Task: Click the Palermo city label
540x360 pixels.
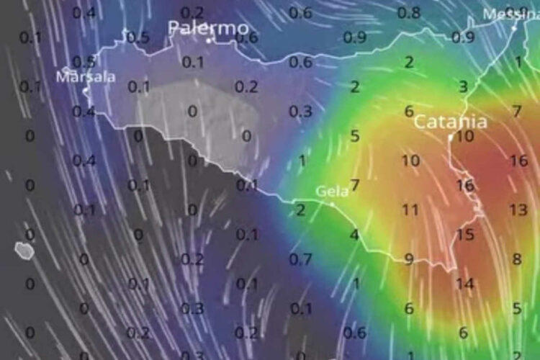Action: point(208,28)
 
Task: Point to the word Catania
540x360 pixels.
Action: point(451,122)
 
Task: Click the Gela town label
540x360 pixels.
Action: point(332,192)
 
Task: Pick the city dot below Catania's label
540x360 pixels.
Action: point(451,136)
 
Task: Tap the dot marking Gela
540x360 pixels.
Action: point(332,204)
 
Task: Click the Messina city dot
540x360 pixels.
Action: point(515,27)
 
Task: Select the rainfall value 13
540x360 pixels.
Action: point(518,210)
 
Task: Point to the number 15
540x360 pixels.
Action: point(465,234)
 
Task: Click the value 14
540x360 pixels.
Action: point(464,284)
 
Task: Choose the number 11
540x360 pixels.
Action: point(410,210)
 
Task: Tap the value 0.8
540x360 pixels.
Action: point(409,13)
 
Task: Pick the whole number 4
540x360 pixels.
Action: point(354,235)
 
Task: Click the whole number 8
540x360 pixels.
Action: point(517,259)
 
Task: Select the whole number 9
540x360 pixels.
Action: point(409,259)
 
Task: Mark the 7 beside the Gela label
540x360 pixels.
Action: point(355,185)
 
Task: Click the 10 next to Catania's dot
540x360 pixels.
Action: point(465,136)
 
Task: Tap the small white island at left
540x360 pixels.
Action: point(24,250)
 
